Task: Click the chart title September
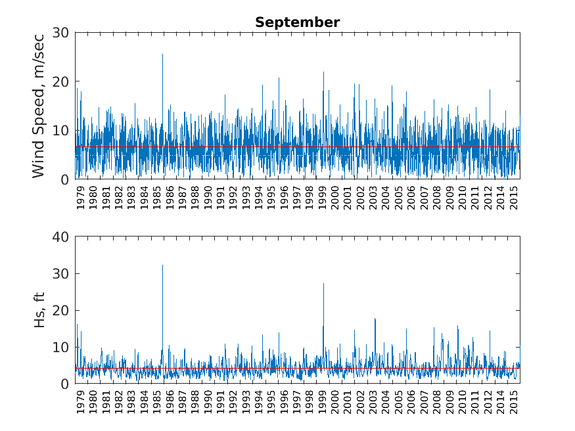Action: [x=297, y=22]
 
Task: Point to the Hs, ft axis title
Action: [x=39, y=309]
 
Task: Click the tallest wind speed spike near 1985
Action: [x=162, y=55]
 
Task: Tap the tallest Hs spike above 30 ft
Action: [x=162, y=266]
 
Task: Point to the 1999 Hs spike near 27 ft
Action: [x=323, y=284]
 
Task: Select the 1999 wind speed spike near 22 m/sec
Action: [x=323, y=73]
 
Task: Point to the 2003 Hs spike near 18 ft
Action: [x=375, y=319]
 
